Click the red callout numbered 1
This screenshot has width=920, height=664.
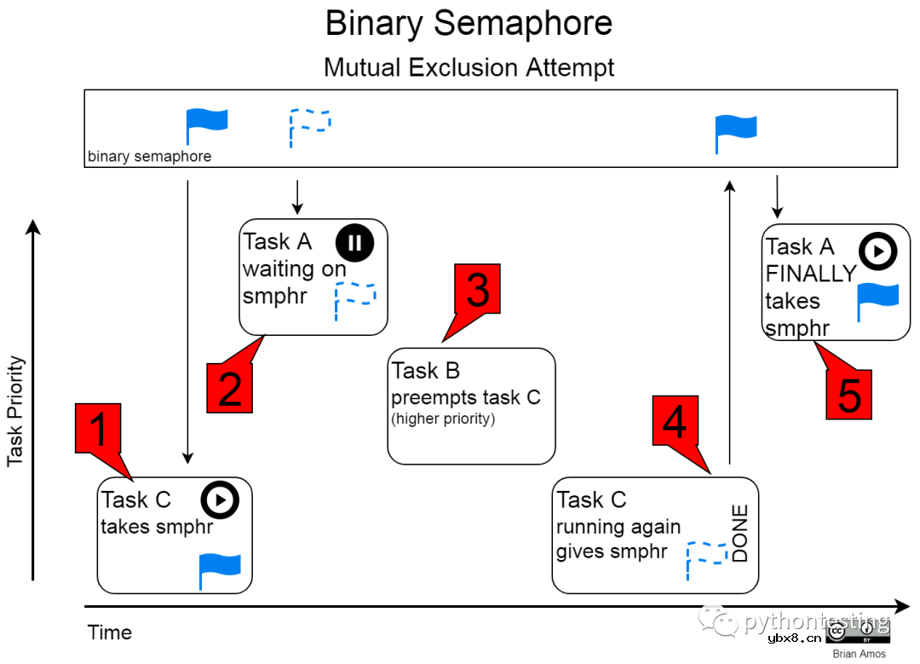(99, 429)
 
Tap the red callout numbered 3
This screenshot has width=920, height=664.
(477, 290)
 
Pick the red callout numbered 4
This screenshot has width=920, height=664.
(676, 420)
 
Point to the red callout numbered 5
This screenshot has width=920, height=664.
(849, 396)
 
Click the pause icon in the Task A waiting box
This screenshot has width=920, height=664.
(354, 243)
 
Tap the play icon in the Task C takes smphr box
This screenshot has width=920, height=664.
(220, 500)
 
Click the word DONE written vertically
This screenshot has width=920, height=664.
(739, 534)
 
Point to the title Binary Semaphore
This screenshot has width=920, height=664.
(469, 24)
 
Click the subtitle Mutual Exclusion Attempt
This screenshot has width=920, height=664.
(469, 67)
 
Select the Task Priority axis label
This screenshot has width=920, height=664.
(15, 411)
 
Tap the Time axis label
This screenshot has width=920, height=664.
(110, 632)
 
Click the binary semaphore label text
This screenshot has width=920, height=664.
(149, 157)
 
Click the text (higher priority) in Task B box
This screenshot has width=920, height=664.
(443, 419)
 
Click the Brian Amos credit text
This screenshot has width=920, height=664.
(859, 654)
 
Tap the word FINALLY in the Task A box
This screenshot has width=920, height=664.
(810, 274)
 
